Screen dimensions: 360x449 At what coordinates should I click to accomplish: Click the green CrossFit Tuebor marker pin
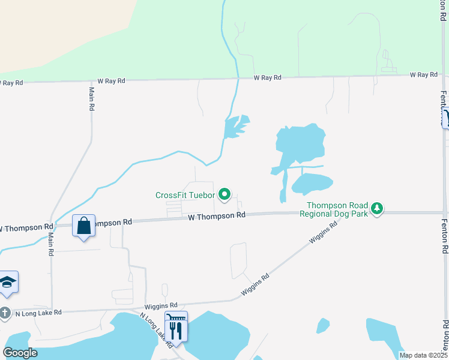224,194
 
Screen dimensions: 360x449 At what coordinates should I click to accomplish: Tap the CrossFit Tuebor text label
185,195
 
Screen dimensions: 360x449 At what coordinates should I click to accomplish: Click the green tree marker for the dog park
376,208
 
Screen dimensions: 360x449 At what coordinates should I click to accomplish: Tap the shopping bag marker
84,226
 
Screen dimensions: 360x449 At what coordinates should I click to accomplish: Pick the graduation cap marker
7,282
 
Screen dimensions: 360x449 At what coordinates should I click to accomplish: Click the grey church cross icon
5,313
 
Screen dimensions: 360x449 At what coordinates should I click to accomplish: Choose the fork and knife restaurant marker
176,329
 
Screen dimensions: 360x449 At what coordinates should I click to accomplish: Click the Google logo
20,353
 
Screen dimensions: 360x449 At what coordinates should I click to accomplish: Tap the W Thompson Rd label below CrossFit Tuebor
216,215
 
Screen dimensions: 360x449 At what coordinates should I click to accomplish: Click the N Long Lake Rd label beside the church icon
38,313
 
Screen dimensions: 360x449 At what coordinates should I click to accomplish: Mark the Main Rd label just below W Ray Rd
92,98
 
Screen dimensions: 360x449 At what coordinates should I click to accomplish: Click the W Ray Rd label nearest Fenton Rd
424,74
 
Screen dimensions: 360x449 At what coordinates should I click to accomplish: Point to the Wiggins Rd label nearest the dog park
323,230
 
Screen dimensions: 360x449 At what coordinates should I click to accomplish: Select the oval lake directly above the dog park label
312,183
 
